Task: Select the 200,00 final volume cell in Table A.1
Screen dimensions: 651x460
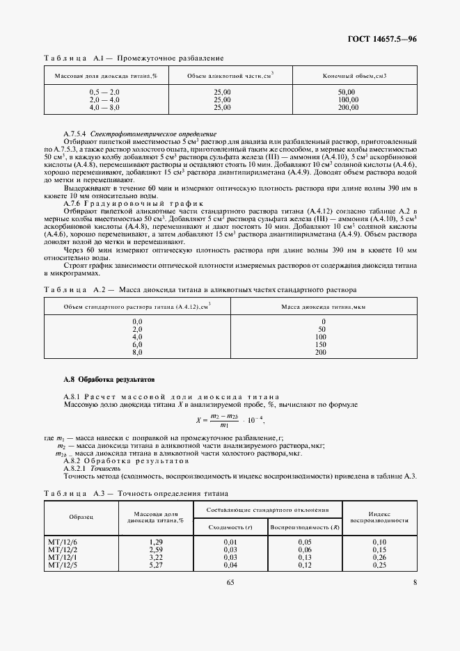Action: point(347,108)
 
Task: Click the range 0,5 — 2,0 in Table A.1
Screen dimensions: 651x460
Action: point(104,92)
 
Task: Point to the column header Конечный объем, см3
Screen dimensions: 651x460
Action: point(354,75)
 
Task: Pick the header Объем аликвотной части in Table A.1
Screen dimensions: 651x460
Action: point(223,75)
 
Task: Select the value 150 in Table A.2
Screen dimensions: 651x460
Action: point(320,344)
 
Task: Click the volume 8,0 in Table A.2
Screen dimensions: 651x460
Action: point(137,353)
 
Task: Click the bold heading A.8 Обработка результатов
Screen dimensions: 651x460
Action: point(105,380)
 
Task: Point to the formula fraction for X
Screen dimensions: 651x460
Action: point(224,421)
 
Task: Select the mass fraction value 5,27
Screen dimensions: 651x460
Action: point(156,565)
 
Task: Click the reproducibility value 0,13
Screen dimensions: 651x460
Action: point(304,557)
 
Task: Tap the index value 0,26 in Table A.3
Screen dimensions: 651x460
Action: point(379,557)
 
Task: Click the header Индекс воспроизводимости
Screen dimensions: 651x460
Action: point(379,515)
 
